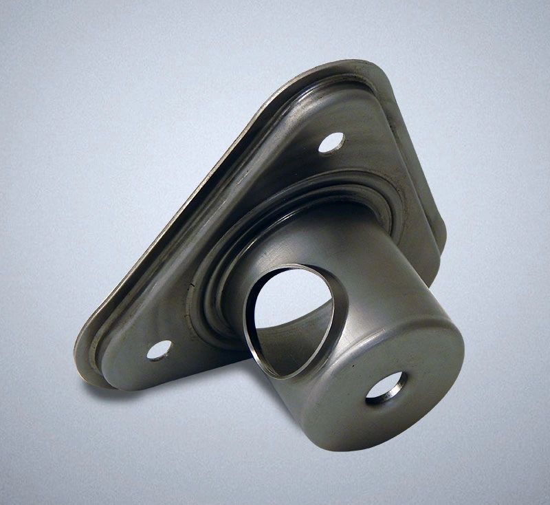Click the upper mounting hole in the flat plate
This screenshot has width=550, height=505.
(x=333, y=142)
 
